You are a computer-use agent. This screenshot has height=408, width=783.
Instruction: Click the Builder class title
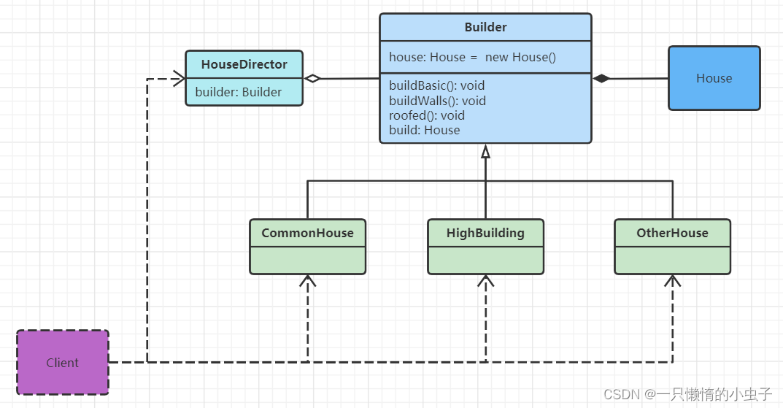(485, 27)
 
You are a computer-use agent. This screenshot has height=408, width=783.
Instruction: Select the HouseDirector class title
(244, 64)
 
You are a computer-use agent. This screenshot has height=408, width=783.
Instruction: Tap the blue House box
(714, 78)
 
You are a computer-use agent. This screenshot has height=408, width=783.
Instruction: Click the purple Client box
(63, 363)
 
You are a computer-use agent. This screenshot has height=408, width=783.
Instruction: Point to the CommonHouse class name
(308, 233)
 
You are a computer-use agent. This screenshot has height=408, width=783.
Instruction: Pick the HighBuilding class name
(485, 233)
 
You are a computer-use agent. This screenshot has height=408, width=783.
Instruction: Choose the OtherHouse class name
(672, 233)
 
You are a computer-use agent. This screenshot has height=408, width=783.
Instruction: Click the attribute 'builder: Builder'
(238, 92)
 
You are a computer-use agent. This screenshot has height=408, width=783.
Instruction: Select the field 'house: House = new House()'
(472, 57)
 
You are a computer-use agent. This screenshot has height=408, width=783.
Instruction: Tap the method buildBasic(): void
(437, 85)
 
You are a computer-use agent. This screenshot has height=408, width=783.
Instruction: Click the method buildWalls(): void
(437, 101)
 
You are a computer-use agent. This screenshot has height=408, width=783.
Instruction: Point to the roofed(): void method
(427, 115)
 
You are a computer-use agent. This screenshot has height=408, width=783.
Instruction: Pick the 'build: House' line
(425, 130)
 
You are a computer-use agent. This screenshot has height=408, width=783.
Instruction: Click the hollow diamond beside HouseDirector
(312, 78)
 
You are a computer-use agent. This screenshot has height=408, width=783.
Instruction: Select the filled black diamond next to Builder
(601, 78)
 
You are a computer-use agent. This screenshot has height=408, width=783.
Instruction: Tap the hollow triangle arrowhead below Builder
(485, 151)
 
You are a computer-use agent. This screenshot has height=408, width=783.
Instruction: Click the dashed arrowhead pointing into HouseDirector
(180, 78)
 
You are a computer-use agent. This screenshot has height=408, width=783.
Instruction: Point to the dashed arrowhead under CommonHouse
(308, 281)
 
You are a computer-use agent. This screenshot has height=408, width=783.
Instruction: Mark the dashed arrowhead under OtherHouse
(673, 281)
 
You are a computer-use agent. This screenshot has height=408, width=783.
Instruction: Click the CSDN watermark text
(687, 394)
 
